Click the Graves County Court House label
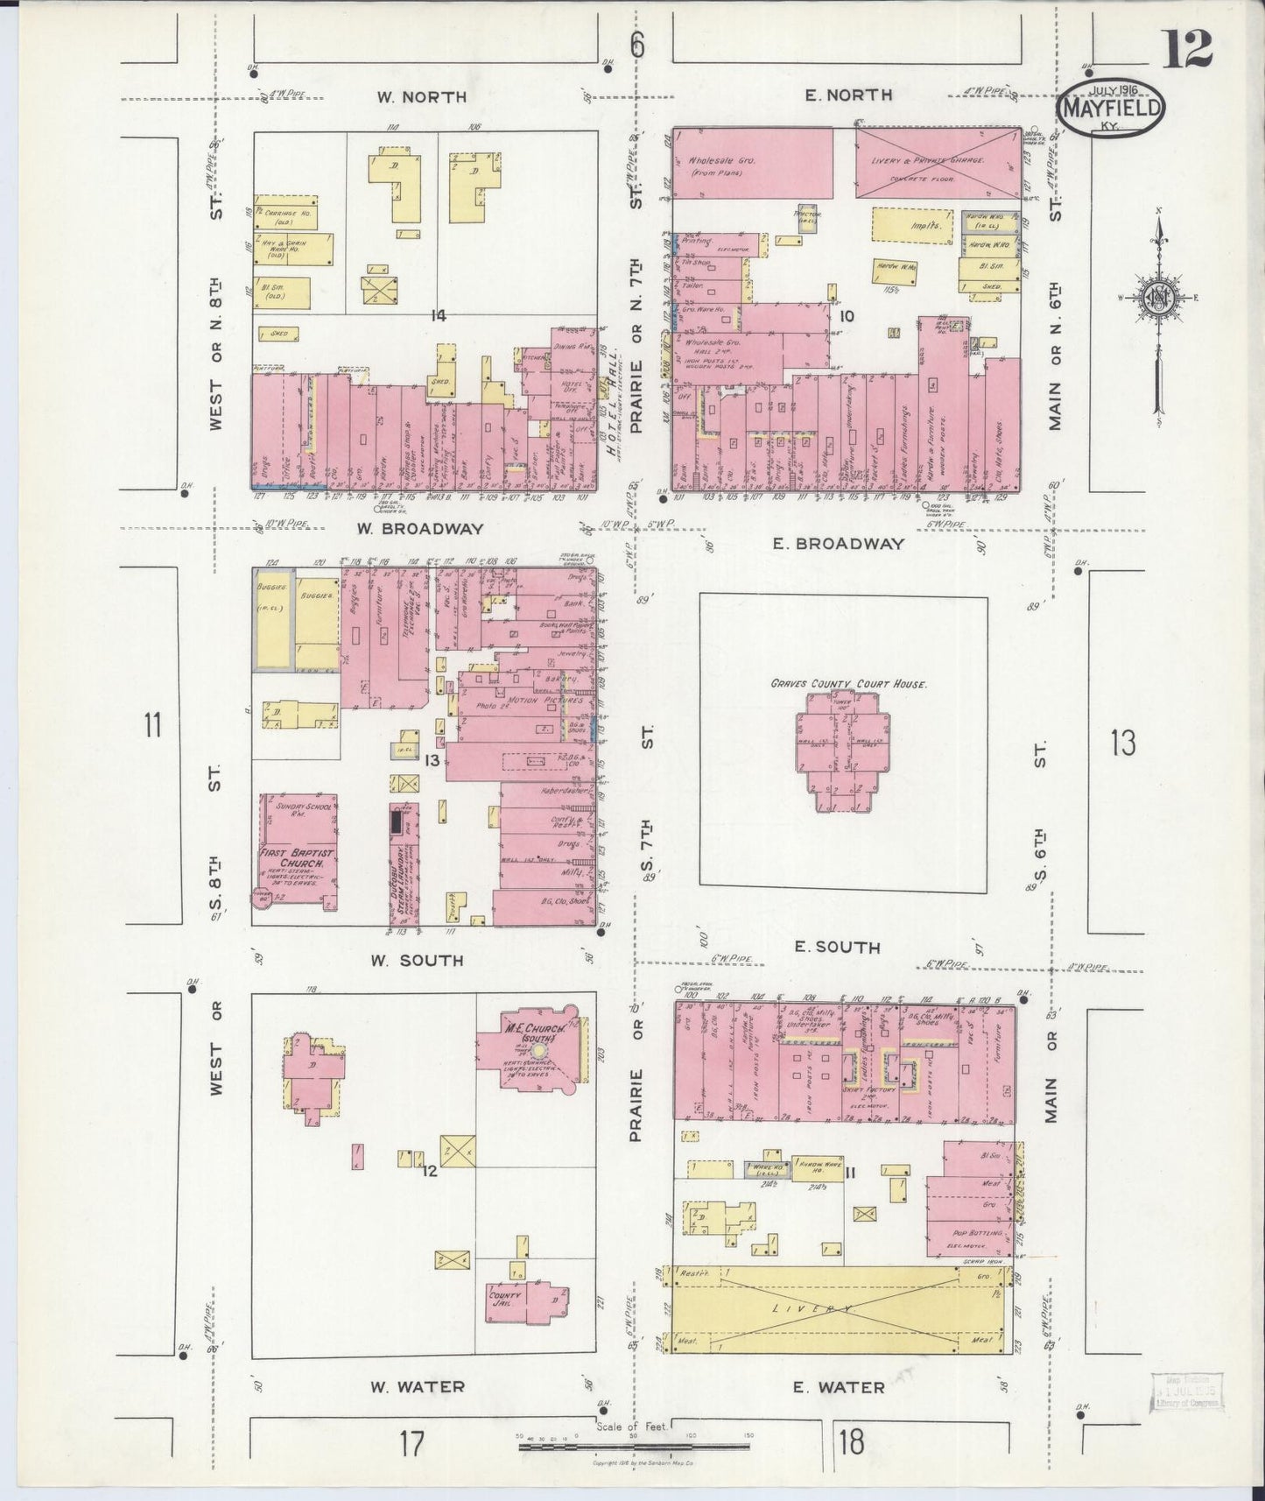(847, 684)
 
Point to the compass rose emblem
(1158, 298)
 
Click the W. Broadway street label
(421, 529)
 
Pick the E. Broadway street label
(838, 544)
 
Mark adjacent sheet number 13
(1122, 743)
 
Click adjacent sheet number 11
(153, 725)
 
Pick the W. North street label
(421, 97)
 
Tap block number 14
(438, 315)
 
